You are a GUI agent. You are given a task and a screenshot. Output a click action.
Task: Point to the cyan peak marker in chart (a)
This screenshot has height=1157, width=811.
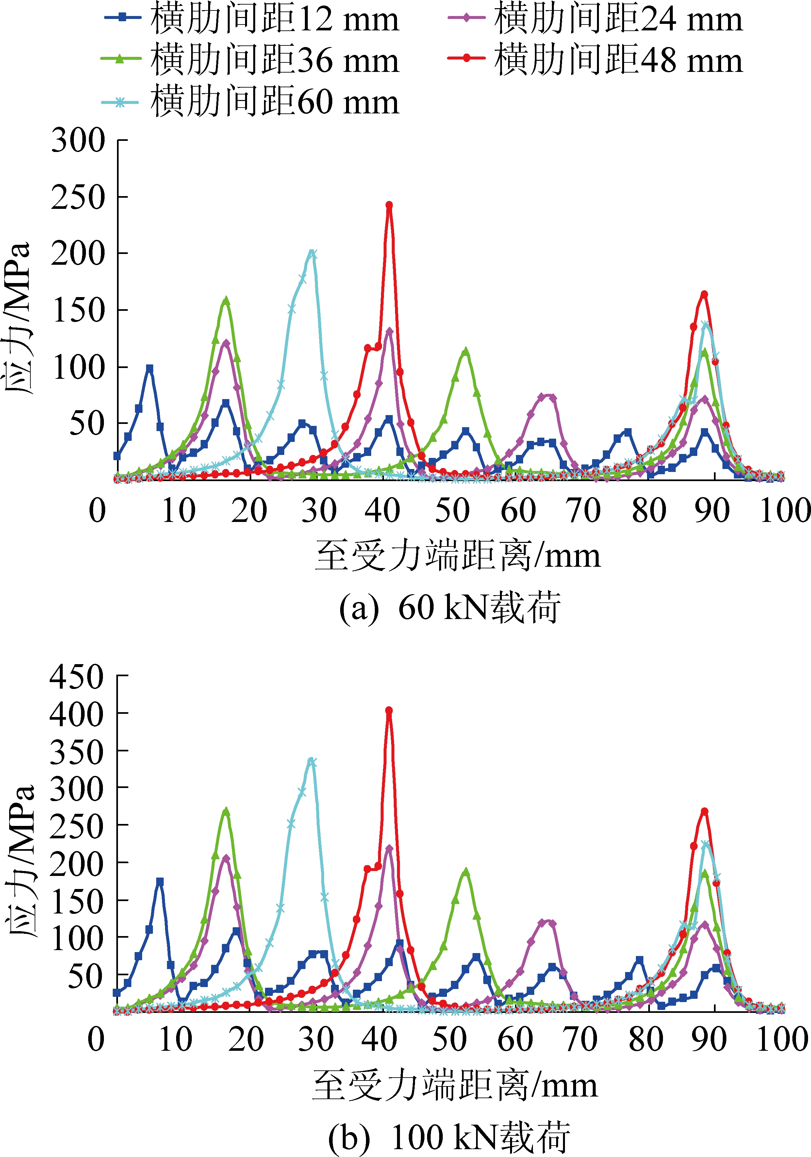312,254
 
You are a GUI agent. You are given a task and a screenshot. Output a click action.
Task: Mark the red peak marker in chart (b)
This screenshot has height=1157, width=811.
389,711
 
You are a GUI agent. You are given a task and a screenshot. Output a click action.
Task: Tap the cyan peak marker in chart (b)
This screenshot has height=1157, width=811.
312,762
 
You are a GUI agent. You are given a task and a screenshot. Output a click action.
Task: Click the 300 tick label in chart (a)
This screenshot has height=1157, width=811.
78,140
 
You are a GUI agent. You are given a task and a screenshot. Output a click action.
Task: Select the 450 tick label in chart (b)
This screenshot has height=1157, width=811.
76,676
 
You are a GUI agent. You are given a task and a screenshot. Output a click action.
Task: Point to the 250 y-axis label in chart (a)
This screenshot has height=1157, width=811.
78,197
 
